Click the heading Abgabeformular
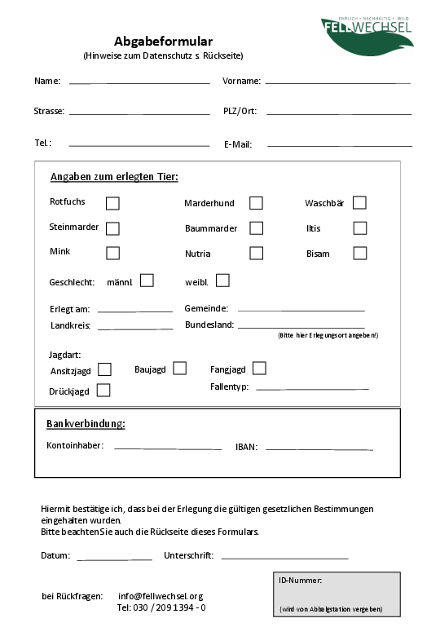click(x=163, y=41)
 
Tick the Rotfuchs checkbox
click(x=112, y=203)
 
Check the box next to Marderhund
click(x=256, y=203)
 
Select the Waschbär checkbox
click(x=359, y=202)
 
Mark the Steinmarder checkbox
click(x=112, y=228)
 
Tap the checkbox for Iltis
click(x=360, y=228)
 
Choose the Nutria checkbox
click(x=256, y=253)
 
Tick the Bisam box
click(x=360, y=253)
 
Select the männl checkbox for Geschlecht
click(x=147, y=280)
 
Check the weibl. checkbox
click(x=222, y=280)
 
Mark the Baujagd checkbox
click(x=179, y=369)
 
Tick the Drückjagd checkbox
click(x=103, y=391)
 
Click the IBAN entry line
click(x=319, y=448)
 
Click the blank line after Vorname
click(x=337, y=82)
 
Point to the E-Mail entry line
click(x=340, y=145)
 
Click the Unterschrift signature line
click(x=284, y=557)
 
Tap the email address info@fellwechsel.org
click(x=161, y=596)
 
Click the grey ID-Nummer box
click(x=337, y=594)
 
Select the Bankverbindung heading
click(x=86, y=424)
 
